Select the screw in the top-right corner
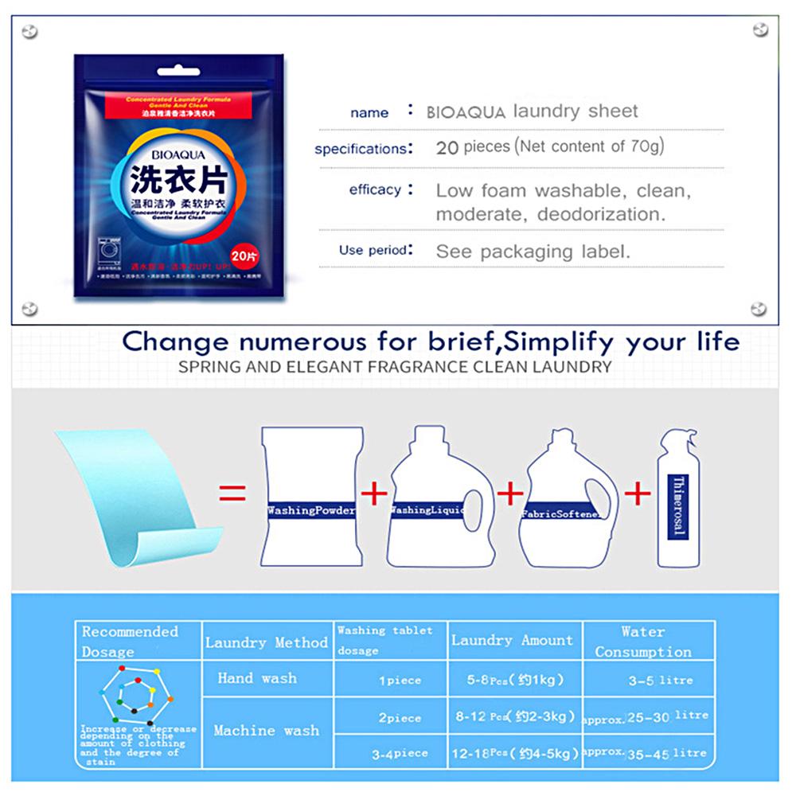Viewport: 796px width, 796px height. (759, 30)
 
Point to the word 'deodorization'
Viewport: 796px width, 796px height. (601, 214)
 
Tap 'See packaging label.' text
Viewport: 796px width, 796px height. (533, 252)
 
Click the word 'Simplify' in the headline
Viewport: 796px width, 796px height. (560, 341)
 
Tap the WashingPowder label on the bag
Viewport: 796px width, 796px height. (311, 510)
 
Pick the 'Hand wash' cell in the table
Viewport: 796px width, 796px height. (257, 679)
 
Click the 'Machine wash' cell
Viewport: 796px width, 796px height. (266, 730)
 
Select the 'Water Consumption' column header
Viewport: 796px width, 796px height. (643, 642)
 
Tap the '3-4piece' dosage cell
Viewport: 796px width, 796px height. (400, 753)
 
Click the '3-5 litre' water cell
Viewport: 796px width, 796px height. (660, 681)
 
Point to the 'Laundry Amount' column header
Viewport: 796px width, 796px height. (512, 640)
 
